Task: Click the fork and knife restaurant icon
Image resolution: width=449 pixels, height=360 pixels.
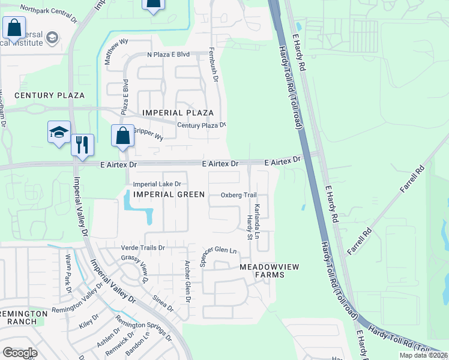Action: [x=82, y=145]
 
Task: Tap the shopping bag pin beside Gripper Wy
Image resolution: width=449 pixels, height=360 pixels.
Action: [x=122, y=136]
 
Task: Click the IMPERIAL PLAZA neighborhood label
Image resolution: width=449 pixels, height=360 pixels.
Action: [x=178, y=113]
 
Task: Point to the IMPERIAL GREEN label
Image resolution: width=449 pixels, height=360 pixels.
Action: [x=169, y=194]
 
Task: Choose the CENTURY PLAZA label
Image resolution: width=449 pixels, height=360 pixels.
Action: [x=49, y=95]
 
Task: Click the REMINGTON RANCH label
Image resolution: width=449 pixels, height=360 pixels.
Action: [x=23, y=317]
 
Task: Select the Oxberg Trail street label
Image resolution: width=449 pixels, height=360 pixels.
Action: [x=238, y=195]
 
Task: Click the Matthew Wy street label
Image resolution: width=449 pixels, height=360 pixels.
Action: [x=116, y=51]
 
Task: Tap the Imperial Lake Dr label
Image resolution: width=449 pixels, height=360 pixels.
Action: [x=157, y=184]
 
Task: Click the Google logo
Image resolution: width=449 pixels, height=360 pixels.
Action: [x=20, y=352]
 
